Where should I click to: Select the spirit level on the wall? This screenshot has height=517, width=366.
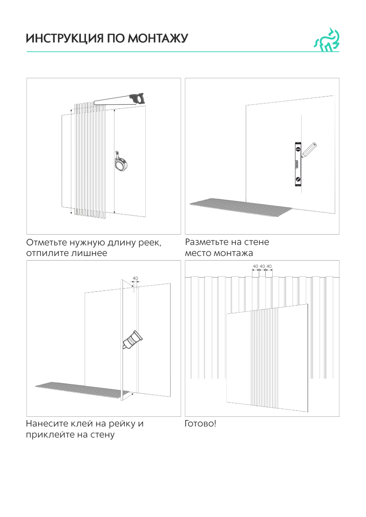pyautogui.click(x=297, y=164)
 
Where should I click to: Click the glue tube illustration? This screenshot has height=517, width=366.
pyautogui.click(x=133, y=340)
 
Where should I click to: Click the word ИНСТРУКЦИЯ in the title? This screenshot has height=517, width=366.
pyautogui.click(x=58, y=39)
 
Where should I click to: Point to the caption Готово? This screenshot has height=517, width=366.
pyautogui.click(x=200, y=423)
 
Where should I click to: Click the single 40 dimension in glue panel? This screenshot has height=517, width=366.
pyautogui.click(x=135, y=278)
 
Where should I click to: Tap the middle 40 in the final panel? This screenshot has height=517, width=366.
pyautogui.click(x=262, y=266)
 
